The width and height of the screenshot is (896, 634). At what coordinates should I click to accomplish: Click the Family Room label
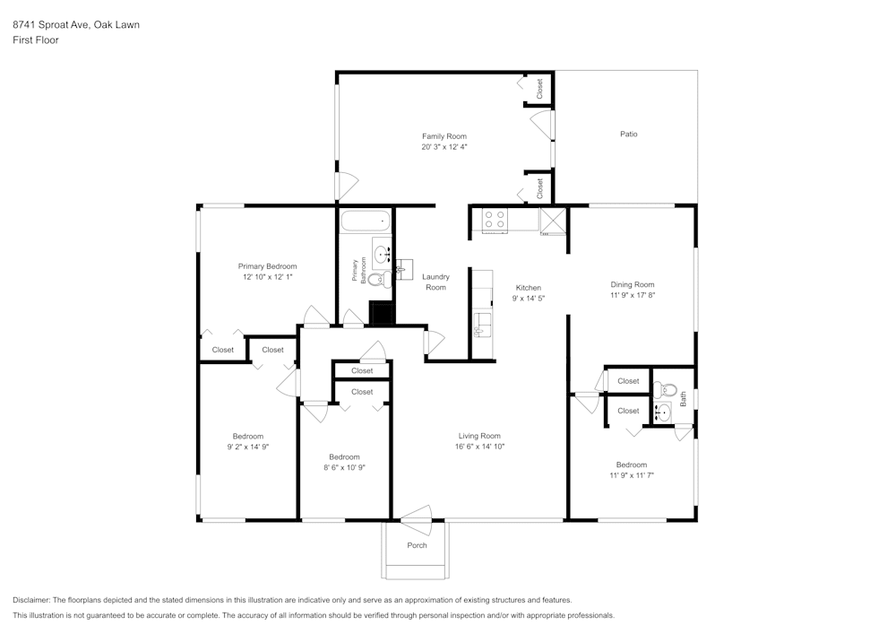[444, 136]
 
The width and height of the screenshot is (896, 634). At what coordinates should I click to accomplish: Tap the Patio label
[629, 134]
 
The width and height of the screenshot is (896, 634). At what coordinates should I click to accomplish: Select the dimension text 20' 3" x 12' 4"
[444, 147]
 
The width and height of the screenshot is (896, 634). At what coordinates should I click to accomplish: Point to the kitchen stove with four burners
[495, 220]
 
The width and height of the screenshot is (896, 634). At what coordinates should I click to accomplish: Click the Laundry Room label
[435, 282]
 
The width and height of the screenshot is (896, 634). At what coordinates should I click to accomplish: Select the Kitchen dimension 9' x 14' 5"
[529, 298]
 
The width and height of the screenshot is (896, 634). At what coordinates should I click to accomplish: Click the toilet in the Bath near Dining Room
[664, 389]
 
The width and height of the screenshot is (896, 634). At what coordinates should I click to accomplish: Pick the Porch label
[417, 545]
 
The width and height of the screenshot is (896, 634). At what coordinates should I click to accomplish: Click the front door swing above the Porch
[417, 515]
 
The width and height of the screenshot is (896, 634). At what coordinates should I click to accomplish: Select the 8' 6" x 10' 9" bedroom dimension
[344, 467]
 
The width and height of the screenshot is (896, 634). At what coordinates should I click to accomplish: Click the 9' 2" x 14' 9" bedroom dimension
[248, 446]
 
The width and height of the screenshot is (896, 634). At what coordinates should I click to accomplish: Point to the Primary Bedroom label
[267, 266]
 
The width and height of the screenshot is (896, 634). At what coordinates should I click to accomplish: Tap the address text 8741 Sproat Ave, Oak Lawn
[75, 25]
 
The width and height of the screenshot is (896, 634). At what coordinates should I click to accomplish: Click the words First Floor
[36, 40]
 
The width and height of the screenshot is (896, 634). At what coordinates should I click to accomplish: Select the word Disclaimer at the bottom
[31, 600]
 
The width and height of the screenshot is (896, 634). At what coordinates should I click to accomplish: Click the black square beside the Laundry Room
[382, 313]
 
